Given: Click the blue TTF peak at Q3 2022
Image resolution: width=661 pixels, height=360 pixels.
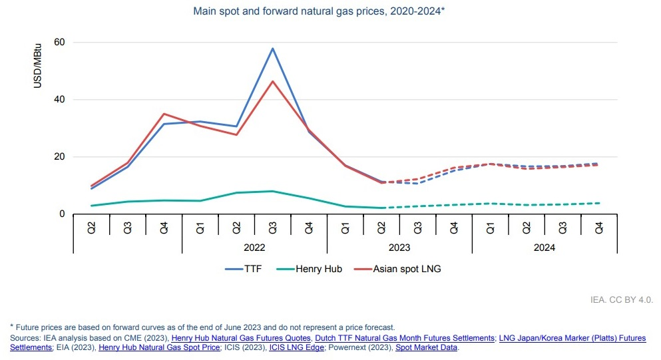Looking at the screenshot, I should pos(272,48).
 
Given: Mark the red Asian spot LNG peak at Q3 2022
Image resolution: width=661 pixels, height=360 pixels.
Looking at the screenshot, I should pos(272,81).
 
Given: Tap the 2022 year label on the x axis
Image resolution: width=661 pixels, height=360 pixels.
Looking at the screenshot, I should pos(254,247).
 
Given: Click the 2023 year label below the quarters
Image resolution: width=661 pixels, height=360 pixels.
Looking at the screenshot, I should pos(399,247).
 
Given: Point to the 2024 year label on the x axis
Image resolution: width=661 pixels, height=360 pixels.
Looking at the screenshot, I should pos(545,247).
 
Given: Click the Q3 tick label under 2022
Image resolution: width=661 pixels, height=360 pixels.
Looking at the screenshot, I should pos(272,227).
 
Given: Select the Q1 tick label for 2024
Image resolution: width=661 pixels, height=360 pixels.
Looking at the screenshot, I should pos(490,227).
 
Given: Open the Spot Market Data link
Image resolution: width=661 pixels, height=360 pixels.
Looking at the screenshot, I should pos(427,347).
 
